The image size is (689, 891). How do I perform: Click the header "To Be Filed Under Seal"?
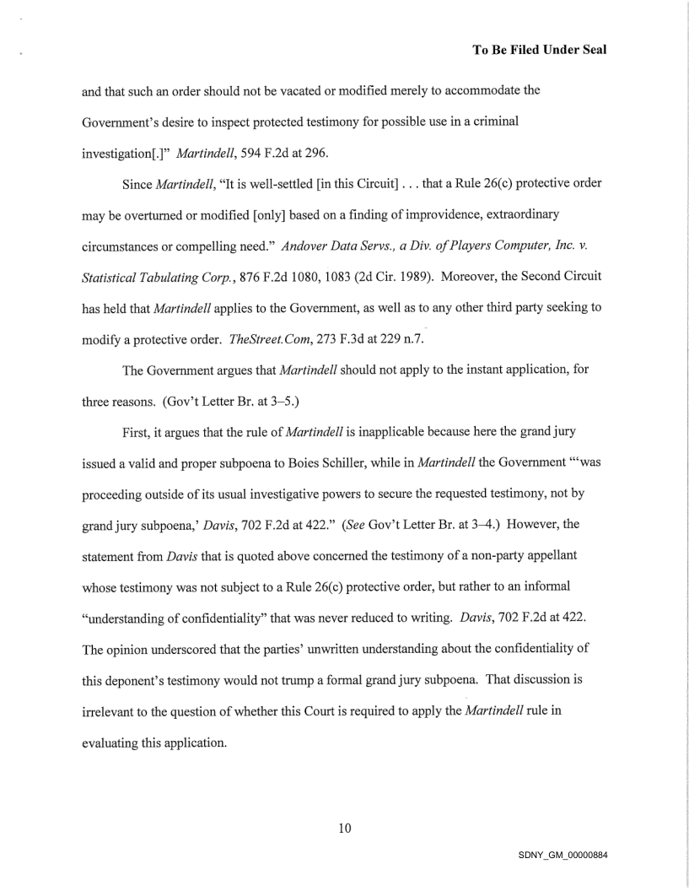click(541, 50)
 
